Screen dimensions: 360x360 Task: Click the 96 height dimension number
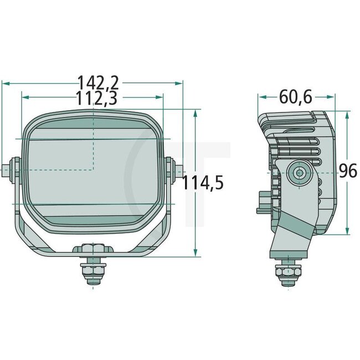coord(348,172)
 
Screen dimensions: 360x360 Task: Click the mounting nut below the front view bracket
coord(91,270)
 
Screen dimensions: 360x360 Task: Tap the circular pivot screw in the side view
coord(300,173)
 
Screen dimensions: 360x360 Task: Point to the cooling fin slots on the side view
coord(304,156)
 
